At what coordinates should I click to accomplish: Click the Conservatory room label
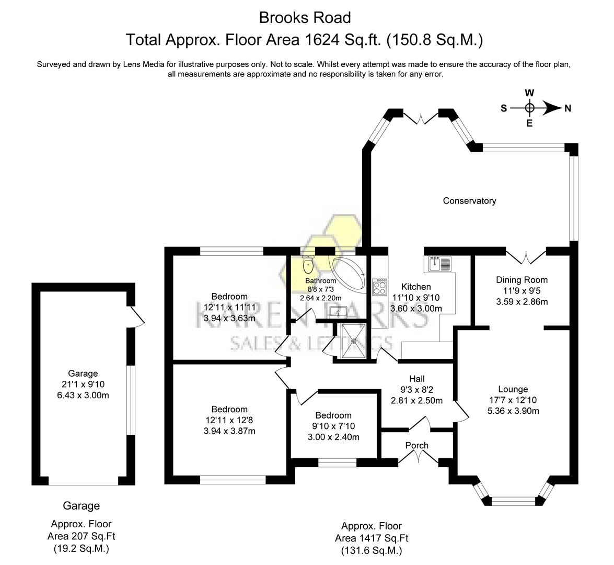pyautogui.click(x=469, y=201)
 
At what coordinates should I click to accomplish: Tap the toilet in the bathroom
pyautogui.click(x=308, y=265)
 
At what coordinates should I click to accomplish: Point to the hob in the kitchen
pyautogui.click(x=379, y=287)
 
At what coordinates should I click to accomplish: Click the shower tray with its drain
pyautogui.click(x=353, y=341)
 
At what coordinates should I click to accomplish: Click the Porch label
pyautogui.click(x=417, y=446)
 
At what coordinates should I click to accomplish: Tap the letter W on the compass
pyautogui.click(x=529, y=93)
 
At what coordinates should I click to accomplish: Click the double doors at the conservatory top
pyautogui.click(x=421, y=118)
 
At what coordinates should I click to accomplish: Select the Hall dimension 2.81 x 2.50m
pyautogui.click(x=417, y=401)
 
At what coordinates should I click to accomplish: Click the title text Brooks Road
pyautogui.click(x=305, y=18)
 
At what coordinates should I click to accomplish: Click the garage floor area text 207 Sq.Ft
pyautogui.click(x=81, y=536)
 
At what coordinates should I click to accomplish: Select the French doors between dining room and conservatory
pyautogui.click(x=527, y=256)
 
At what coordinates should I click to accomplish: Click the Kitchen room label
pyautogui.click(x=416, y=287)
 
